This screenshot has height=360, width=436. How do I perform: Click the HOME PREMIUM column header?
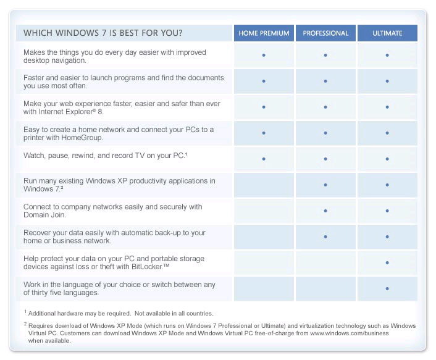click(x=264, y=33)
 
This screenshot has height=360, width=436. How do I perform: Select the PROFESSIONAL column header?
click(x=325, y=33)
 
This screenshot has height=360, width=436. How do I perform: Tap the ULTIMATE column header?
click(x=387, y=33)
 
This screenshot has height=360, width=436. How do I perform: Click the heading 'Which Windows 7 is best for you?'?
click(x=103, y=33)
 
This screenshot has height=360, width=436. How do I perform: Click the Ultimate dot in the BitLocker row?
click(x=387, y=263)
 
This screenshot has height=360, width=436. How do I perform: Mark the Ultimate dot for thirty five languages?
click(x=387, y=288)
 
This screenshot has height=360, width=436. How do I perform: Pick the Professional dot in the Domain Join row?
click(x=325, y=211)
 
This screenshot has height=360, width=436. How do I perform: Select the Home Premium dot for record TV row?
click(x=264, y=159)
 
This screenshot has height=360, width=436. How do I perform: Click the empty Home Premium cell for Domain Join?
click(x=264, y=211)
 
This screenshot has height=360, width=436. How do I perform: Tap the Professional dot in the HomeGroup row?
click(x=325, y=133)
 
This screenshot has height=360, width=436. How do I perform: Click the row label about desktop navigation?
click(x=114, y=56)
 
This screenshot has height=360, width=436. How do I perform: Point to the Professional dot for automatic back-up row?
click(x=325, y=237)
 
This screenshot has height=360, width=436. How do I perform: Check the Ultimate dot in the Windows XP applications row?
click(x=387, y=185)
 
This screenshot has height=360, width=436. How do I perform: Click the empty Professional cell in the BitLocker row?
click(x=325, y=263)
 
